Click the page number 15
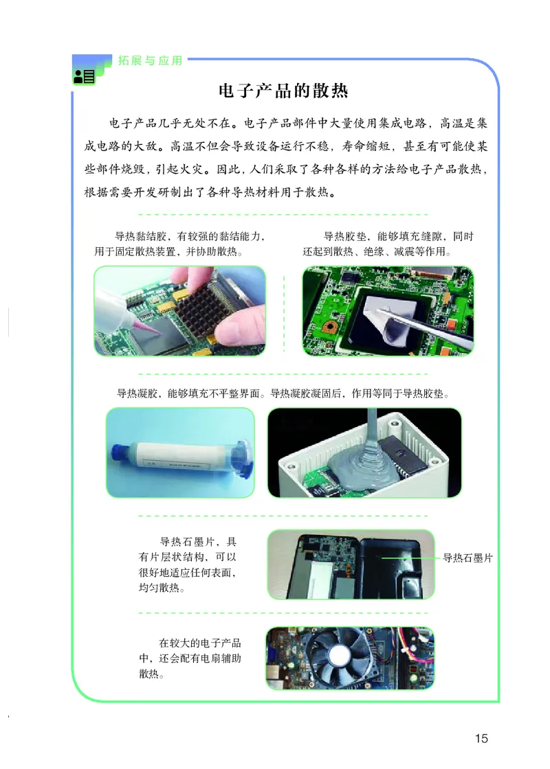pos(481,738)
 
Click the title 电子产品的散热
pos(283,91)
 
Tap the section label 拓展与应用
pos(151,60)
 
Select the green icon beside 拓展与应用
pos(84,76)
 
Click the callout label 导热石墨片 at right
pos(467,558)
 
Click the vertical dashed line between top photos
pos(284,313)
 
